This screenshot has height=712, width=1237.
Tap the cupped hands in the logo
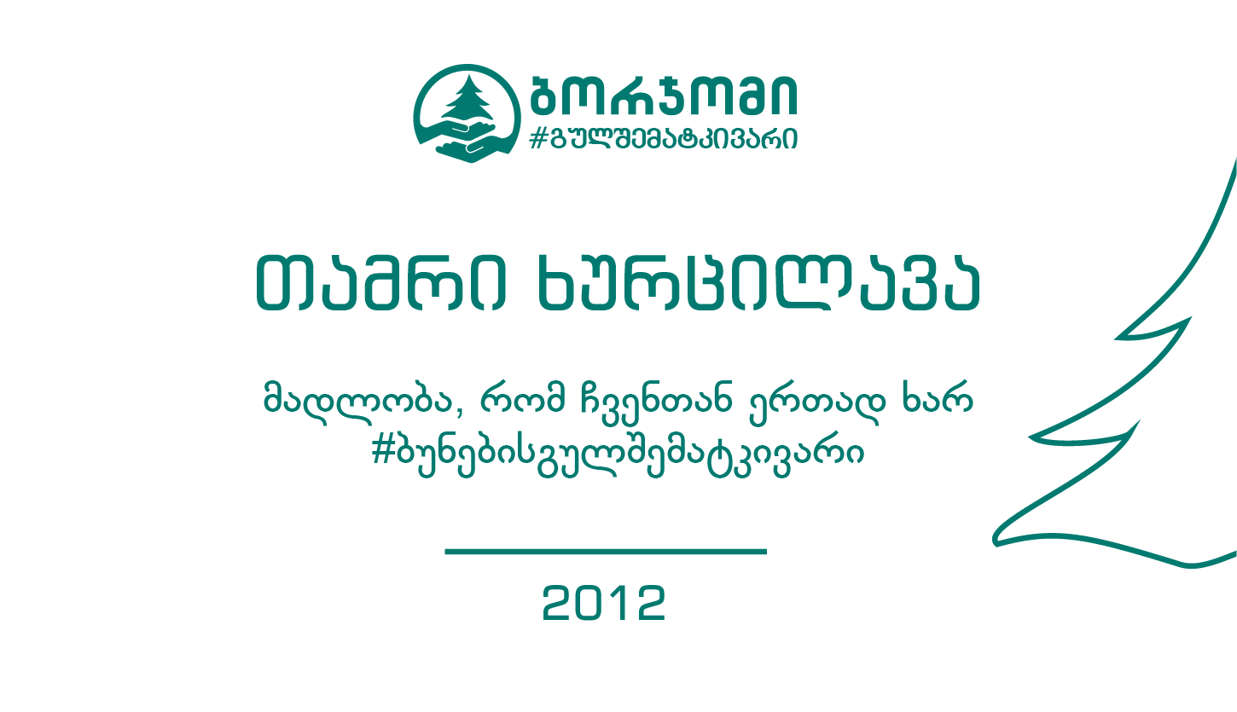(467, 142)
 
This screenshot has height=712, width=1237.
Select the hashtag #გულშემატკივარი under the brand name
(663, 138)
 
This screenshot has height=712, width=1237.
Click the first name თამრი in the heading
(380, 283)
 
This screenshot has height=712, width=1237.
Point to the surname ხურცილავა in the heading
(758, 283)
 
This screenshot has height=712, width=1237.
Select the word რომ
(523, 398)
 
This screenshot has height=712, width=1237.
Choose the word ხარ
(937, 397)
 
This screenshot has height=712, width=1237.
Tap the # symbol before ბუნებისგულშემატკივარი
(383, 452)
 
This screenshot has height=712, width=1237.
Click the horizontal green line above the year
(606, 552)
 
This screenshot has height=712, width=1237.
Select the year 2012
(604, 603)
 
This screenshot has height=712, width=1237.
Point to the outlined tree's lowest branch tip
(995, 541)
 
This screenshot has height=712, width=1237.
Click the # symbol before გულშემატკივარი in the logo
(537, 138)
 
